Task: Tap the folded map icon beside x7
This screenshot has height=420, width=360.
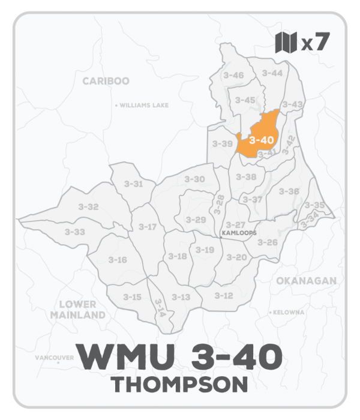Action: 286,43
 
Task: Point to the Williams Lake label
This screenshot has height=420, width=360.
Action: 144,106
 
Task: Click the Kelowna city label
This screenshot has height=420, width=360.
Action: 290,313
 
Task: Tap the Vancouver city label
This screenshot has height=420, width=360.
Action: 54,358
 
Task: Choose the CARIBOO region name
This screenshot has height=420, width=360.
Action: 106,81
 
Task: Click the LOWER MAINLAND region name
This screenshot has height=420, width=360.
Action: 78,310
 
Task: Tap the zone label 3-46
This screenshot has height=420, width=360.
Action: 233,75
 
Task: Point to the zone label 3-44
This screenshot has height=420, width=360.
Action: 272,73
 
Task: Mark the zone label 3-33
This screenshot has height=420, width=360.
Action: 75,232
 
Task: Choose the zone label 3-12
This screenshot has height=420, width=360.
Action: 223,296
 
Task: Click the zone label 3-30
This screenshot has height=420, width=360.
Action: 194,179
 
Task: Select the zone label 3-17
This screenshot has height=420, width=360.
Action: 148,227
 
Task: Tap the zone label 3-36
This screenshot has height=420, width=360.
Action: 289,191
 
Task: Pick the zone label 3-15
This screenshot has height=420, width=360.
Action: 132,297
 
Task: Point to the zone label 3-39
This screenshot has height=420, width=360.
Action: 222,144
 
